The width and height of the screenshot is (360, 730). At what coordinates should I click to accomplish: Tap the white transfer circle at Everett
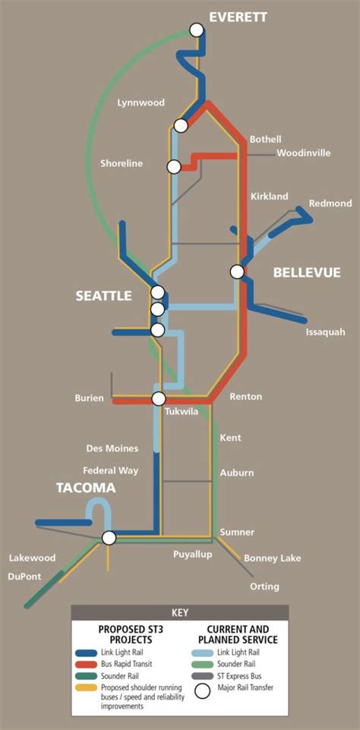click(197, 30)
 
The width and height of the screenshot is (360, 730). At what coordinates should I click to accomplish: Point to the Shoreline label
click(122, 163)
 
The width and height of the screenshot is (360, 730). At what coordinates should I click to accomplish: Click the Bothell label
click(265, 139)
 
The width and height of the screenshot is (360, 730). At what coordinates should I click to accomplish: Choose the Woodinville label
click(303, 153)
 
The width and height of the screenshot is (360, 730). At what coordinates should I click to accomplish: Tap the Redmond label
click(330, 203)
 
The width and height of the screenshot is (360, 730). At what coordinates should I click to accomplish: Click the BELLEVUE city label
click(307, 272)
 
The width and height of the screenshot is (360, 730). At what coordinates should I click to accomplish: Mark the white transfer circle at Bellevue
click(238, 270)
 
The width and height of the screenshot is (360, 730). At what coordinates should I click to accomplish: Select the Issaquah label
click(325, 332)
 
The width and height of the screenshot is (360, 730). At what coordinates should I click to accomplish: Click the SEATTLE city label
click(104, 296)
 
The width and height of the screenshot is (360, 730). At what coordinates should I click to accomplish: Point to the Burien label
click(89, 398)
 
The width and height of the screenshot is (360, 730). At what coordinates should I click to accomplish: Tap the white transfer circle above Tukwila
click(159, 399)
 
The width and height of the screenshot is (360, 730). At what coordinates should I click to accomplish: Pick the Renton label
click(245, 397)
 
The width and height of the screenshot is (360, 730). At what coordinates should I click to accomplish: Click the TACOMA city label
click(84, 488)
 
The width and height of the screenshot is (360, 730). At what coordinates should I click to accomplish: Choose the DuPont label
click(25, 577)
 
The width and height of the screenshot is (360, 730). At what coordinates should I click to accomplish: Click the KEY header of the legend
click(180, 612)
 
